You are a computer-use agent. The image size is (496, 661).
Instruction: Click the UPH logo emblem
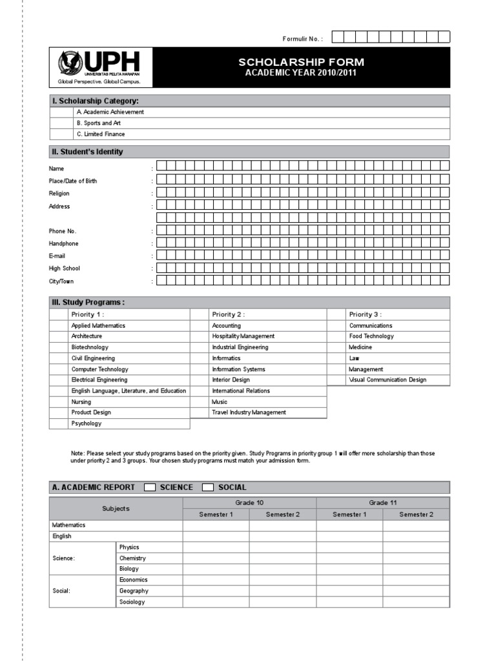(x=70, y=63)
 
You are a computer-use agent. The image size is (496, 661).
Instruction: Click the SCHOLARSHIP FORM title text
(x=302, y=62)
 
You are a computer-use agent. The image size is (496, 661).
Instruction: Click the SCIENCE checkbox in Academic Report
(x=149, y=487)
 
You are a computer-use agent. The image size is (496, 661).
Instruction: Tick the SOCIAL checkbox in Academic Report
(x=208, y=487)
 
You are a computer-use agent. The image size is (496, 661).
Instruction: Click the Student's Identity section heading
(x=87, y=152)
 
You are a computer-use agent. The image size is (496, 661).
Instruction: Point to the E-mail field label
(x=57, y=256)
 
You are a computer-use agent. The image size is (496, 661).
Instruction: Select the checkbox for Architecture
(x=58, y=336)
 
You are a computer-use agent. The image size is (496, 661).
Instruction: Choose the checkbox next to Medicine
(x=336, y=347)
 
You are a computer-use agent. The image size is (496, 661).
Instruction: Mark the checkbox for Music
(x=199, y=402)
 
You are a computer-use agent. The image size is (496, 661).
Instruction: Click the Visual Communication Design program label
(x=387, y=380)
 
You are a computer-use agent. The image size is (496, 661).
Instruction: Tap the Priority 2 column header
(x=228, y=314)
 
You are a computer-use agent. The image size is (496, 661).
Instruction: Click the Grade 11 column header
(x=382, y=503)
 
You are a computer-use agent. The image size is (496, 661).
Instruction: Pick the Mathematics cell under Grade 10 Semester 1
(x=216, y=525)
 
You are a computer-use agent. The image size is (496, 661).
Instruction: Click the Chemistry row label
(x=132, y=558)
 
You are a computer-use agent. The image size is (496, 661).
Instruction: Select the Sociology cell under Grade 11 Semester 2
(x=416, y=602)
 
